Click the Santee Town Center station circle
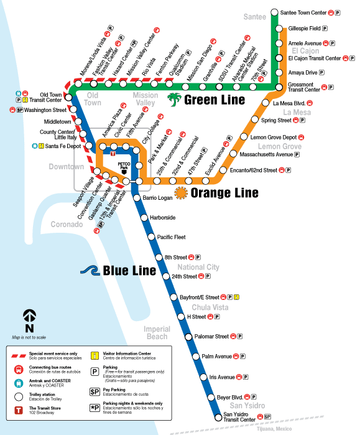[x=274, y=12]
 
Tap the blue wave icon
[x=91, y=270]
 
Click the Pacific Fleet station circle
[x=152, y=237]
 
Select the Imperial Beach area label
[x=156, y=332]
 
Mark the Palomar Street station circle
[x=189, y=337]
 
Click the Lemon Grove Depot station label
[x=272, y=137]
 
